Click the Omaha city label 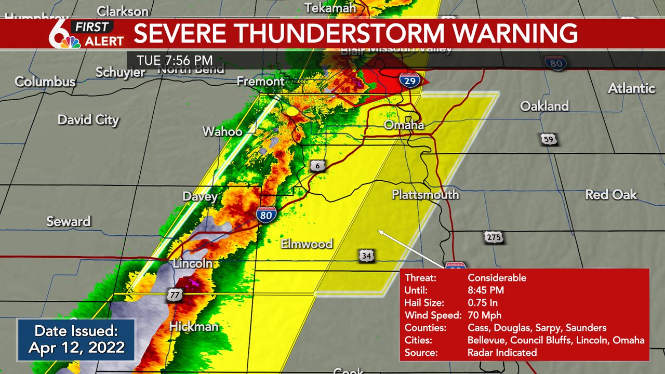tap(404, 125)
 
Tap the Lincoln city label tap(193, 263)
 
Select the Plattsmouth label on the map tap(425, 195)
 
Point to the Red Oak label tap(610, 195)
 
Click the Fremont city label tap(260, 82)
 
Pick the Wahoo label tap(222, 131)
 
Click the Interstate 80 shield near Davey tap(265, 214)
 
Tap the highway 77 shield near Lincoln tap(174, 295)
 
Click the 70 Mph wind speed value tap(484, 315)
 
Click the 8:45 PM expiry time tap(485, 290)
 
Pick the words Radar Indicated tap(502, 353)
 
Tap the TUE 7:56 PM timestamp tap(175, 60)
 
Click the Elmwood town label tap(307, 244)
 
